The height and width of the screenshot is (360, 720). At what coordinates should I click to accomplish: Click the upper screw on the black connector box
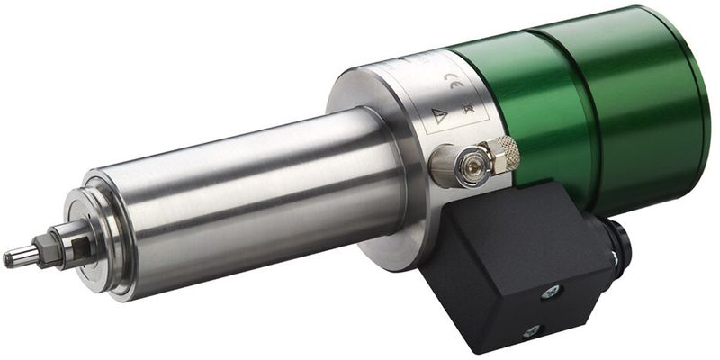[x=551, y=291]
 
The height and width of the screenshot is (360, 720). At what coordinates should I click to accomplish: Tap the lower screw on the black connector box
[x=531, y=330]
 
